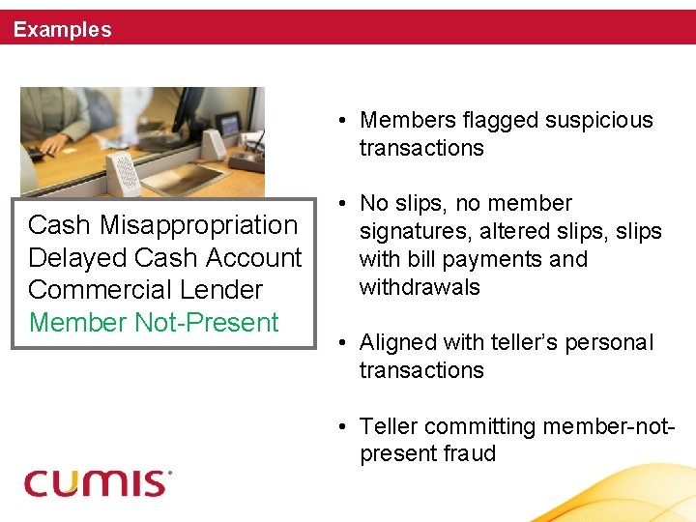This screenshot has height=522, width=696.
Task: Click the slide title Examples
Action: (x=62, y=30)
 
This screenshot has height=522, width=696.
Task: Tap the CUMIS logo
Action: (x=98, y=481)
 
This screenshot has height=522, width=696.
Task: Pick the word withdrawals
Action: (x=419, y=287)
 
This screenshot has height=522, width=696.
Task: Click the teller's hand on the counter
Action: (x=53, y=144)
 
